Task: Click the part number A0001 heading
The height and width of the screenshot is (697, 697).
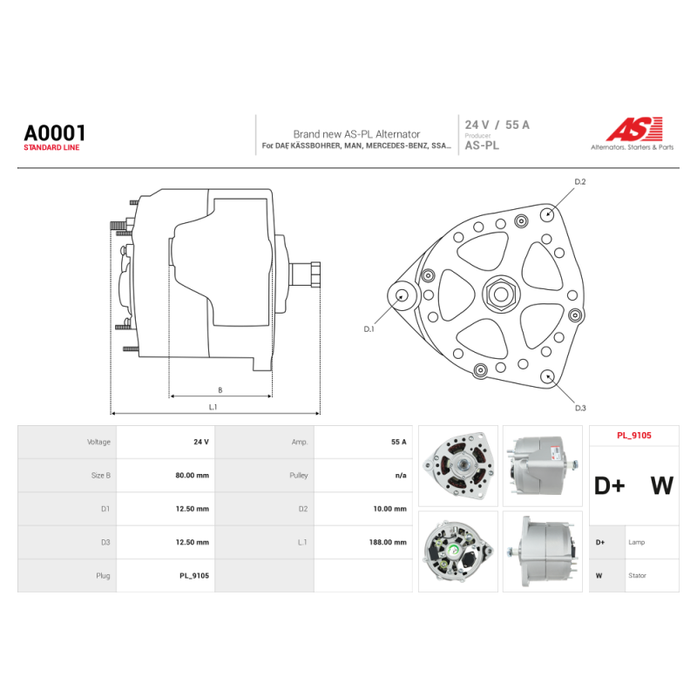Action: point(54,133)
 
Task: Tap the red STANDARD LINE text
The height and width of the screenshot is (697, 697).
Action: point(51,147)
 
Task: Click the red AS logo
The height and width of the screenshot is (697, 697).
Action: point(634,129)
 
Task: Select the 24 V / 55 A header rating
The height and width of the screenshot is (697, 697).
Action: point(497,125)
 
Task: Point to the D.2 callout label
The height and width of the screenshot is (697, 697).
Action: point(580,182)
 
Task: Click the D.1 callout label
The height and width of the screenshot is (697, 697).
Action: point(369,329)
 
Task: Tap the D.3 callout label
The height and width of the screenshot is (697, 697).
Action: point(580,408)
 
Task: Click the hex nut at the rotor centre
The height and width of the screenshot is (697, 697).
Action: point(501,294)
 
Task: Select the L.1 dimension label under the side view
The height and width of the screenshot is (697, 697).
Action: point(213,407)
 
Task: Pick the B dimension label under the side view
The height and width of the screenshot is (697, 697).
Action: point(220,390)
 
